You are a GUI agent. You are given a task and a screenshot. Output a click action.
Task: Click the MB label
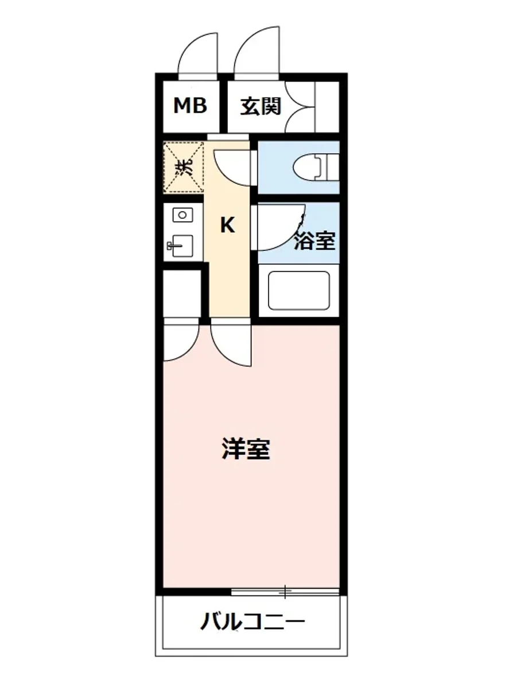pos(190,106)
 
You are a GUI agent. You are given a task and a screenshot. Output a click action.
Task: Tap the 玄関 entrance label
pos(261,106)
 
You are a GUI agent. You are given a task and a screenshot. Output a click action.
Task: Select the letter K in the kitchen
pos(228,226)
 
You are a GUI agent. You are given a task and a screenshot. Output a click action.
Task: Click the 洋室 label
pos(246,450)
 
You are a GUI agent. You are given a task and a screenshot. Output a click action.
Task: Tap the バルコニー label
pos(251,622)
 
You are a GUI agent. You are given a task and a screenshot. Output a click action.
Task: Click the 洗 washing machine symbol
pos(184,167)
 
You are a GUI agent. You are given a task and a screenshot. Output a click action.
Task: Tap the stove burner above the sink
pos(182,215)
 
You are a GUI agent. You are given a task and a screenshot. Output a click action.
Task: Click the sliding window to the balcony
pos(285,590)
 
